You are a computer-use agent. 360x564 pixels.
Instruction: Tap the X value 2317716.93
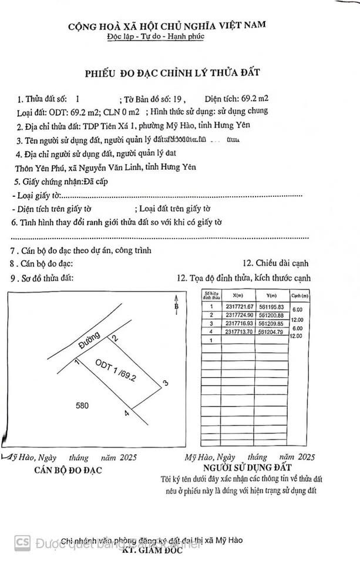[x=238, y=323]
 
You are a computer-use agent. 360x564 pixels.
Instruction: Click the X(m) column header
[x=238, y=296]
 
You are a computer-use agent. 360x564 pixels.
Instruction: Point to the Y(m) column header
[x=271, y=296]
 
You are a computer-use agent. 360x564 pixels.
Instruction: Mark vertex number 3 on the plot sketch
[x=166, y=384]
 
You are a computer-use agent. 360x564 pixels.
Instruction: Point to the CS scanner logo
[x=23, y=542]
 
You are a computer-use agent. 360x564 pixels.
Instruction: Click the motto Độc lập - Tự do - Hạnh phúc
[x=166, y=36]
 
